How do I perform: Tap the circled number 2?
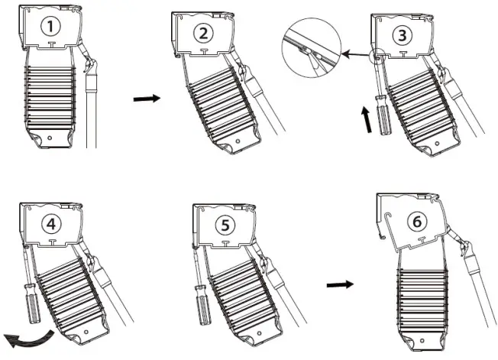tap(202, 32)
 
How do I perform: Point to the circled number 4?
tap(51, 224)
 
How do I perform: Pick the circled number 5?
tap(224, 224)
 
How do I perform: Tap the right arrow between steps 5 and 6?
tap(339, 284)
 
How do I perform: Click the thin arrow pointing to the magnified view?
tap(357, 54)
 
